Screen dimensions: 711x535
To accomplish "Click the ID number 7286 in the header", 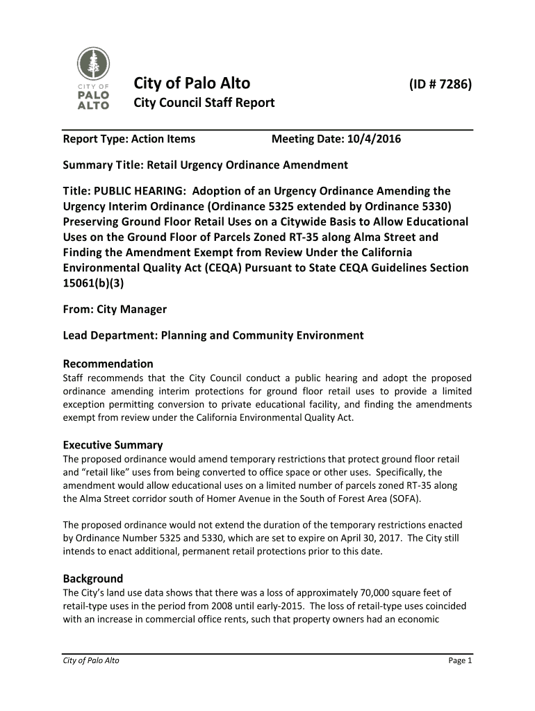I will point(440,85).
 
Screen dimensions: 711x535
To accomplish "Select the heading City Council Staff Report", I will point(204,103).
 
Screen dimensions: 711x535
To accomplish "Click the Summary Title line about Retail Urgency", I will point(205,165).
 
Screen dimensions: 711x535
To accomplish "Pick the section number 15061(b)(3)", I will point(97,283).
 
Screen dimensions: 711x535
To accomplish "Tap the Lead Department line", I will point(213,335).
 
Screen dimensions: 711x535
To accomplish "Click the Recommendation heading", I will point(108,364).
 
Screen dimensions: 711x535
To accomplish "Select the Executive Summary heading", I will point(113,445).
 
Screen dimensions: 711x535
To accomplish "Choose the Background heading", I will point(93,578).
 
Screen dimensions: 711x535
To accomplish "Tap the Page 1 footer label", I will point(460,660).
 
